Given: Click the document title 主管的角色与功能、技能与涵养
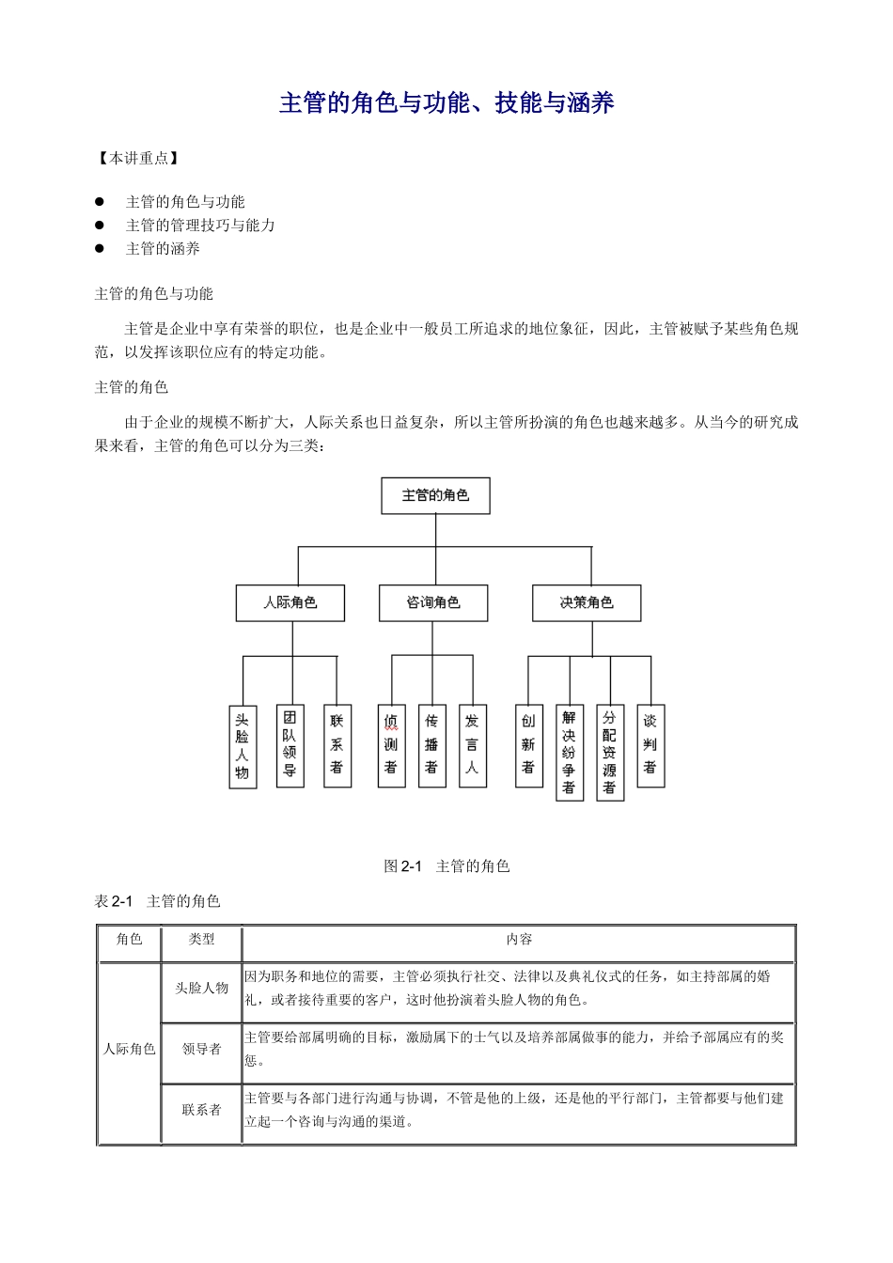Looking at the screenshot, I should point(446,103).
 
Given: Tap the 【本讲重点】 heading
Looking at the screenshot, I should point(138,158).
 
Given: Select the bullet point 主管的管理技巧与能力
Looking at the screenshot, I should point(200,226).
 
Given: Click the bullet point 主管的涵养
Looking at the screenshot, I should point(163,249).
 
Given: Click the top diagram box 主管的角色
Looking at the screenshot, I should point(435,495).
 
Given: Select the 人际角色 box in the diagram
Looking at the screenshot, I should point(290,603).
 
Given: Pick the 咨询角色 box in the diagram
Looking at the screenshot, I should point(433,603).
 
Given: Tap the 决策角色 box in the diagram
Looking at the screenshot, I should point(587,603).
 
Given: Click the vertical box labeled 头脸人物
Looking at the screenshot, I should point(243,746).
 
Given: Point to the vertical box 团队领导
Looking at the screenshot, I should point(290,745).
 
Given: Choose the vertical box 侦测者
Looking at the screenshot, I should point(391,745).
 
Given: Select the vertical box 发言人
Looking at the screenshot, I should point(472,745).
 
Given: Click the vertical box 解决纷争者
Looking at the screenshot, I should point(569,753).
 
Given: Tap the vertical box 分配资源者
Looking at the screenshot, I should point(609,753).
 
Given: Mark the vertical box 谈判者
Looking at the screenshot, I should point(650,745).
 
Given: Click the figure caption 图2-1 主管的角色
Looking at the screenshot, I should point(446,866).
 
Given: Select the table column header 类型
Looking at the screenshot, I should point(202,940).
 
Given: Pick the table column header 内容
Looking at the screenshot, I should point(519,940).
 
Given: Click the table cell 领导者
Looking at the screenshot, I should point(202,1050).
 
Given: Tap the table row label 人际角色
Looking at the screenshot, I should point(129,1050).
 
